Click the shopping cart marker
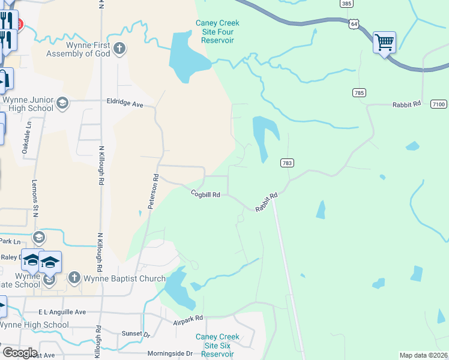[384, 43]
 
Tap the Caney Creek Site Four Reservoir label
[217, 31]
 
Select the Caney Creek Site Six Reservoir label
[217, 346]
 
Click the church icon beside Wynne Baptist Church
[74, 277]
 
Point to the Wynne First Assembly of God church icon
[119, 49]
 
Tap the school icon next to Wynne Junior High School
[62, 104]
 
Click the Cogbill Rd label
[206, 194]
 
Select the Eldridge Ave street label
[125, 104]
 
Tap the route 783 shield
[286, 163]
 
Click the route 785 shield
[359, 92]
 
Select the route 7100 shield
[439, 104]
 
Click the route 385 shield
[345, 4]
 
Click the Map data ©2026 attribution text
[423, 355]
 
